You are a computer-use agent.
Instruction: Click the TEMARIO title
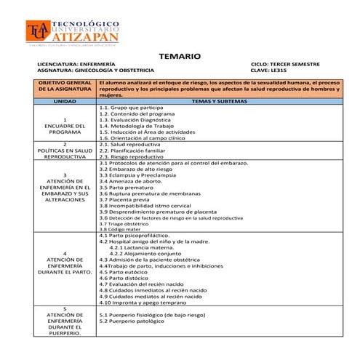(x=179, y=57)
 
